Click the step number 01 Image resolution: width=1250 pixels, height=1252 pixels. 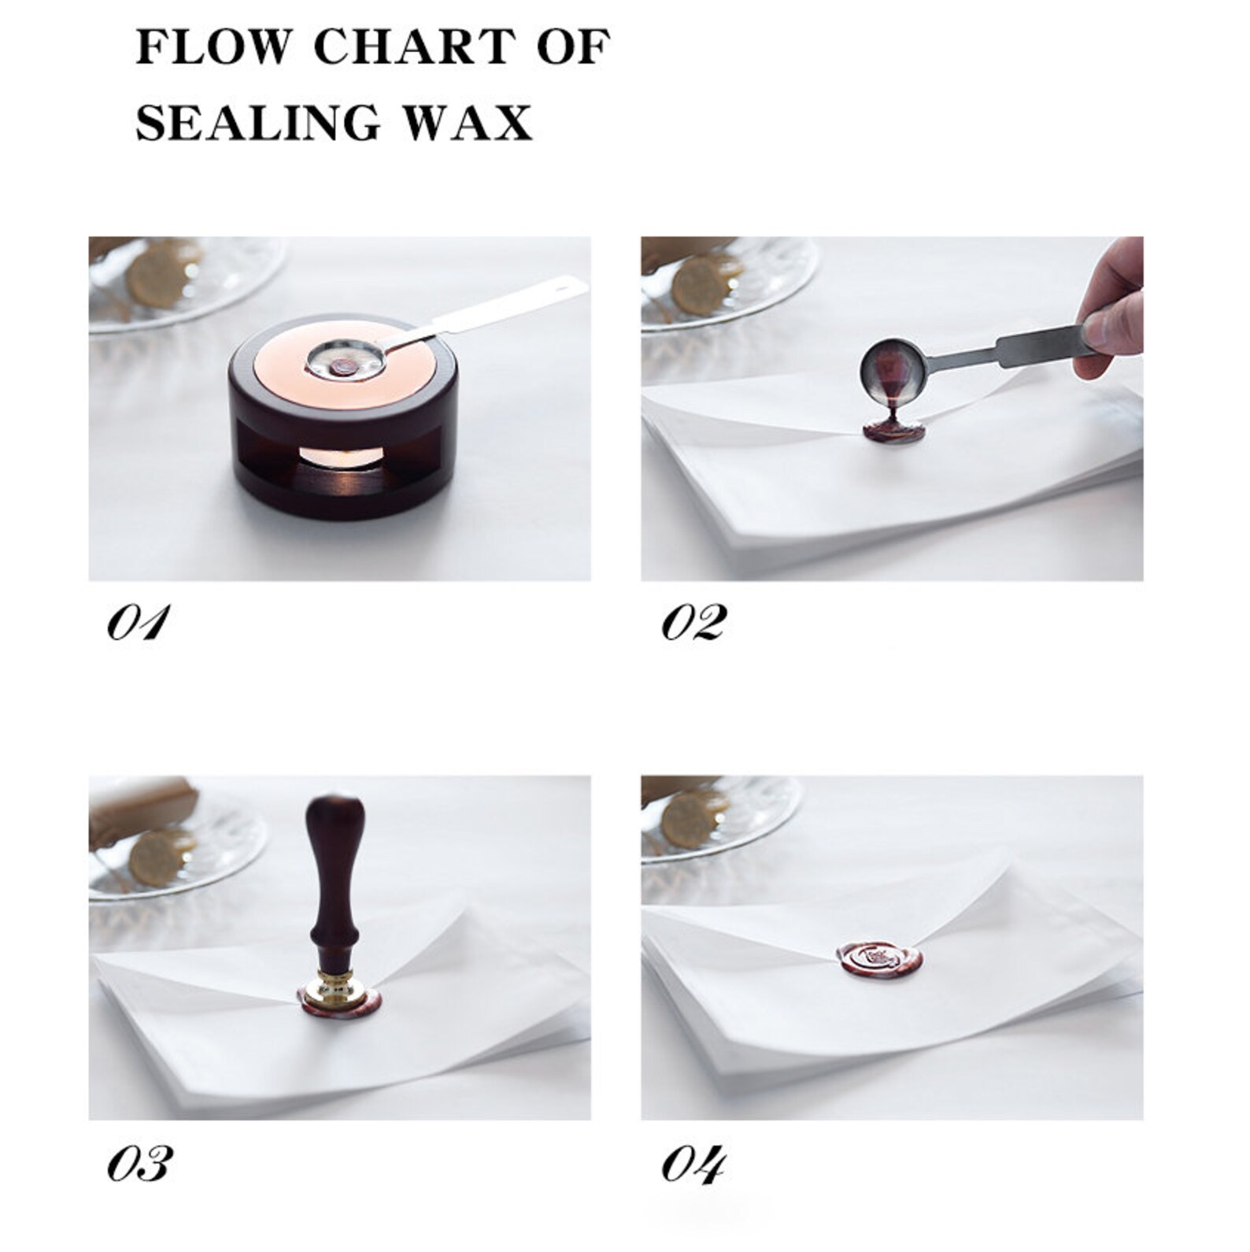(x=138, y=624)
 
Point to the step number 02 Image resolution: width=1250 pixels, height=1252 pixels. (x=693, y=624)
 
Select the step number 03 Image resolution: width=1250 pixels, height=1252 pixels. (x=138, y=1164)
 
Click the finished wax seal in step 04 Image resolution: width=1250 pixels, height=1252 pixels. (x=874, y=959)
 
